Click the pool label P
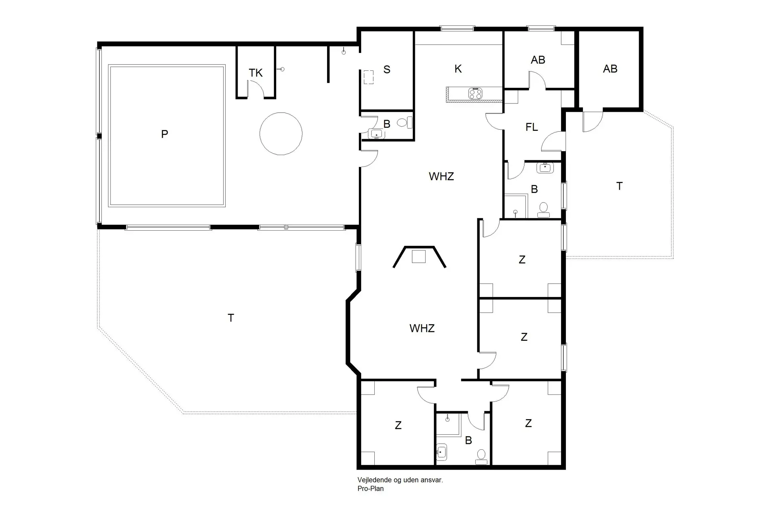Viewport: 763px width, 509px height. pyautogui.click(x=165, y=134)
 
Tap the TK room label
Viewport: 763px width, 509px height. pyautogui.click(x=256, y=73)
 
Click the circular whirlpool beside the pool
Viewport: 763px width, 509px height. pyautogui.click(x=281, y=134)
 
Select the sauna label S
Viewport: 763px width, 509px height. pyautogui.click(x=387, y=70)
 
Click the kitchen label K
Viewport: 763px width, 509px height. pyautogui.click(x=458, y=69)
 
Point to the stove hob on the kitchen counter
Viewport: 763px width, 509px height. pyautogui.click(x=475, y=94)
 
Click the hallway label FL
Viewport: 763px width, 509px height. pyautogui.click(x=531, y=127)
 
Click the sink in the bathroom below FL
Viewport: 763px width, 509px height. pyautogui.click(x=545, y=167)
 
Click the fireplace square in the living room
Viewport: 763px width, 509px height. pyautogui.click(x=419, y=256)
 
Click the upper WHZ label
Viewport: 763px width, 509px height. pyautogui.click(x=441, y=177)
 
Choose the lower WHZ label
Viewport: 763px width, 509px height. pyautogui.click(x=422, y=328)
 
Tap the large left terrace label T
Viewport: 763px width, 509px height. pyautogui.click(x=230, y=318)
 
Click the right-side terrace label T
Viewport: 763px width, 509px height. pyautogui.click(x=619, y=186)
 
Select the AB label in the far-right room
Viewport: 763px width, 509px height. pyautogui.click(x=610, y=69)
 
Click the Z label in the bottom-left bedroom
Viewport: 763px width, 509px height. pyautogui.click(x=398, y=425)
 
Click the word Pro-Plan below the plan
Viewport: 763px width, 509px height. pyautogui.click(x=370, y=489)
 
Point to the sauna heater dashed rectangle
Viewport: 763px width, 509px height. pyautogui.click(x=369, y=77)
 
